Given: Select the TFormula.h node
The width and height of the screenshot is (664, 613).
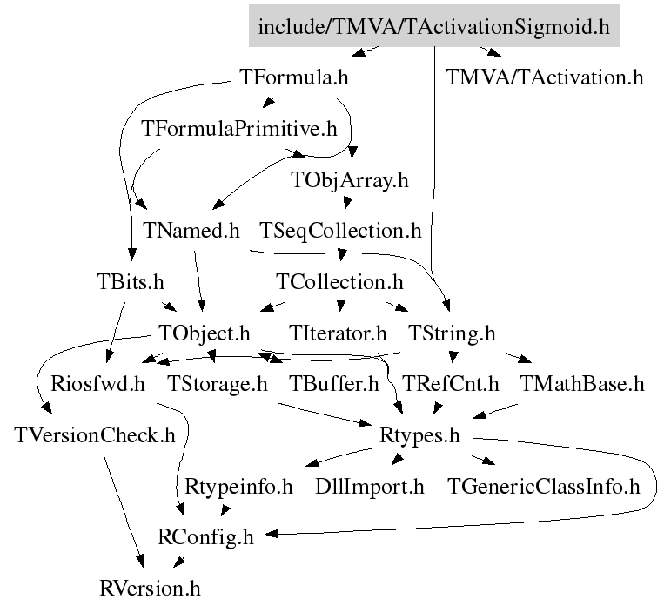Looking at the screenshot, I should pos(293,77).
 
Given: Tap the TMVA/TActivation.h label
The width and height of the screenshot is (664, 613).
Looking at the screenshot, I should pos(545,77).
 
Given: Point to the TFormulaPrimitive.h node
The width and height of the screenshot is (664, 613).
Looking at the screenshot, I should pos(238,129).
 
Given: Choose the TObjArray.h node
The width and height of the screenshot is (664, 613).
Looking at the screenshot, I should pos(349,180).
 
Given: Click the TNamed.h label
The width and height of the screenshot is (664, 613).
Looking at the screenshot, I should pos(190,231).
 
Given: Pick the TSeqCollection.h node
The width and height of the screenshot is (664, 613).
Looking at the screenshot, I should pos(340,231).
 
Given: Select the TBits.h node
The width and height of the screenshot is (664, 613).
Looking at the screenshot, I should pos(131,282).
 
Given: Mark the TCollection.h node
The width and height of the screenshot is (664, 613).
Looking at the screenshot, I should pos(339,282).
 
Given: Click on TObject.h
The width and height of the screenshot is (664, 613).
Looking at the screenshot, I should pos(205,333).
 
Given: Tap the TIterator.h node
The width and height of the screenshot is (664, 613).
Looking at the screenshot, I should pos(337,333).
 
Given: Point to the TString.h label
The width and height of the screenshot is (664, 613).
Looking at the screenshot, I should pos(452,333).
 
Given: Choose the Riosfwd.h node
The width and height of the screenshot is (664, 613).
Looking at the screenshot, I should pos(97,384).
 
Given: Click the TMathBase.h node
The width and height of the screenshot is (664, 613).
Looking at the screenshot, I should pos(581,384).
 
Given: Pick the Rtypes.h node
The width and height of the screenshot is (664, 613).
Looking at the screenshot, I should pos(419,435).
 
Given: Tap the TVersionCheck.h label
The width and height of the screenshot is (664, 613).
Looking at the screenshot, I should pos(95,435).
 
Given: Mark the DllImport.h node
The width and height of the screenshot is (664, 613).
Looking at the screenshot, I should pos(369,486).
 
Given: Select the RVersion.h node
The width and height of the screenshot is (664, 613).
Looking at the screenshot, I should pos(150,589).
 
